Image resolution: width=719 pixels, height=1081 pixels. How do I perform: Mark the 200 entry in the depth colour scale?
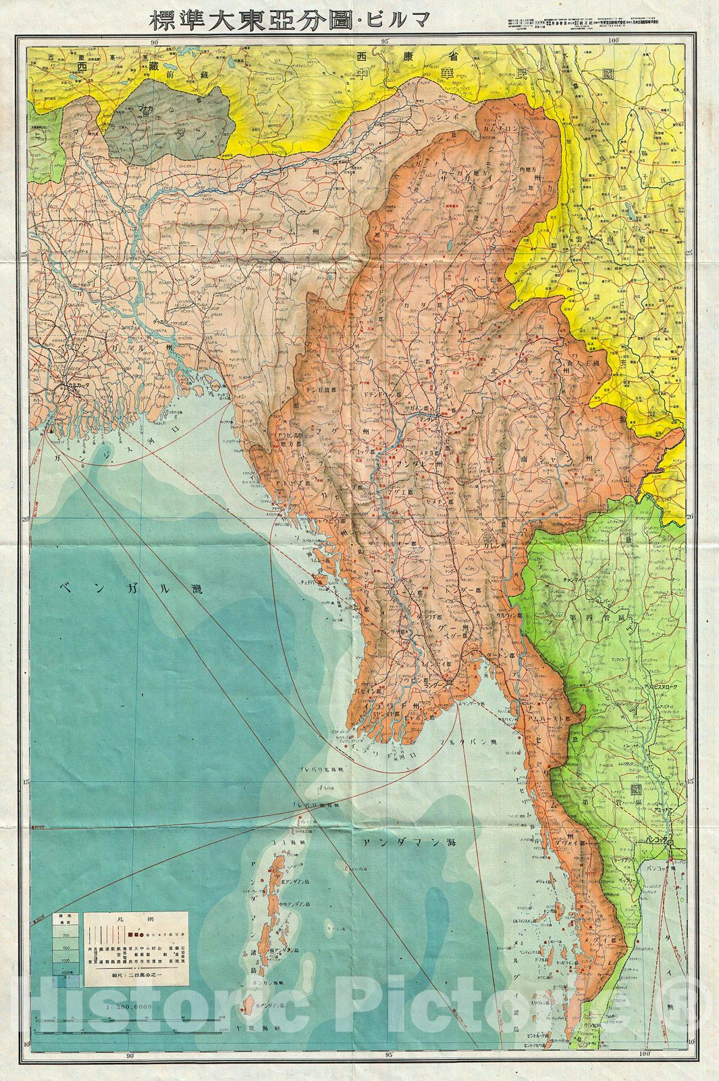[67, 934]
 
